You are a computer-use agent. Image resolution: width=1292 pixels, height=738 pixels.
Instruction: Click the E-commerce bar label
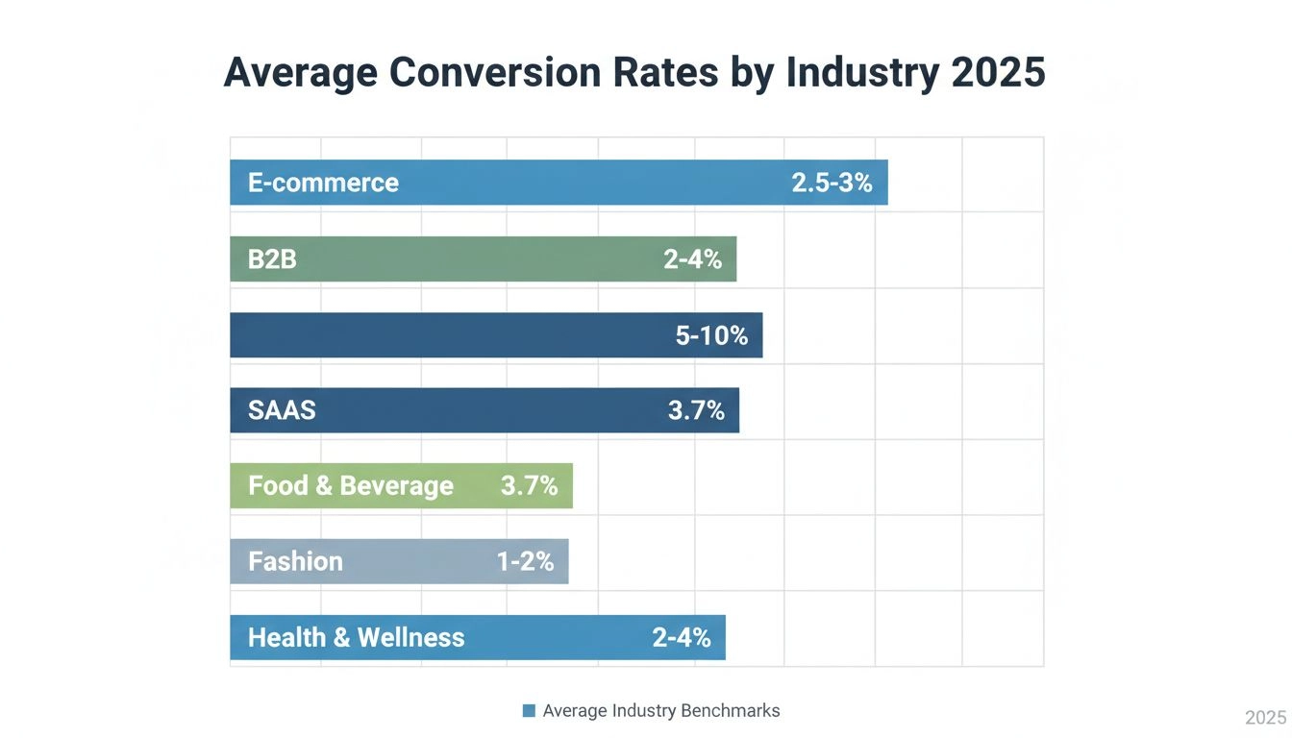[323, 183]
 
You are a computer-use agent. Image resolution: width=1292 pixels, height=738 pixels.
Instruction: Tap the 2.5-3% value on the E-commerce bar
[832, 183]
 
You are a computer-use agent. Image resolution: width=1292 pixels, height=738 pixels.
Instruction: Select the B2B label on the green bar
[272, 258]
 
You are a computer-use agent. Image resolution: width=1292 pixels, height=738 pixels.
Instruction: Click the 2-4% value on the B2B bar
[692, 258]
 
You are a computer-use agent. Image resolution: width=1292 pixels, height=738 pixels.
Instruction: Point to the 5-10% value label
[711, 335]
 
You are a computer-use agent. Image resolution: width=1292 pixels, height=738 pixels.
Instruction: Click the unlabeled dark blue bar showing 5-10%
[442, 335]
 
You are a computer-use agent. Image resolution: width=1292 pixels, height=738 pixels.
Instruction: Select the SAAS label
[282, 411]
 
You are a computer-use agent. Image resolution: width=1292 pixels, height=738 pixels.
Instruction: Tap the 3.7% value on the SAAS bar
[696, 411]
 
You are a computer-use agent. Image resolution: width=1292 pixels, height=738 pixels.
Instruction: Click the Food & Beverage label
[350, 486]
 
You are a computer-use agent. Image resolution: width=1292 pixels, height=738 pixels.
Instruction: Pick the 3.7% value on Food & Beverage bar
[529, 486]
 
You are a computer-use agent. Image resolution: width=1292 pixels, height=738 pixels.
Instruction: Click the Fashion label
[295, 561]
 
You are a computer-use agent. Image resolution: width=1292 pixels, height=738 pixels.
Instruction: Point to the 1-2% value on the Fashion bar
[525, 561]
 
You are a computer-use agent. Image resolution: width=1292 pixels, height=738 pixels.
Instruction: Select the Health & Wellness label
[356, 637]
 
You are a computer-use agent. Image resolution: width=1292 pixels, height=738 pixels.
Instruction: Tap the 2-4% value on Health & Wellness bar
[682, 637]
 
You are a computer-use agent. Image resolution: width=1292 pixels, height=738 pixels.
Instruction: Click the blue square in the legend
[529, 711]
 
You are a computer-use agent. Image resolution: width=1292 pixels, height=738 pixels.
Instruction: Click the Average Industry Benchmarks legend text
[661, 711]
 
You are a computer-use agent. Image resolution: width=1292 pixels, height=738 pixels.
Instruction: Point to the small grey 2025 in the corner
[1265, 718]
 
